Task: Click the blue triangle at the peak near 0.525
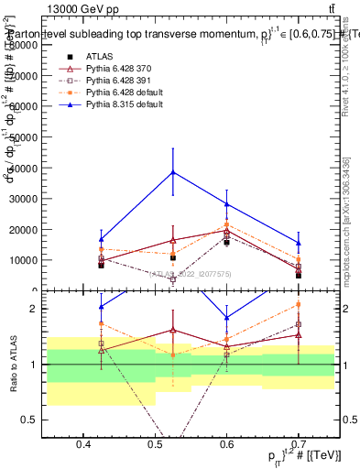tap(173, 171)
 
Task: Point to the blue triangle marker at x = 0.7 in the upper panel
tap(298, 243)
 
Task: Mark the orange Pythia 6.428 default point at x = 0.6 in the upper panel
tap(226, 224)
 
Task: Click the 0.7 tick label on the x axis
tap(298, 444)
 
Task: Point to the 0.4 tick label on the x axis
tap(83, 444)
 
